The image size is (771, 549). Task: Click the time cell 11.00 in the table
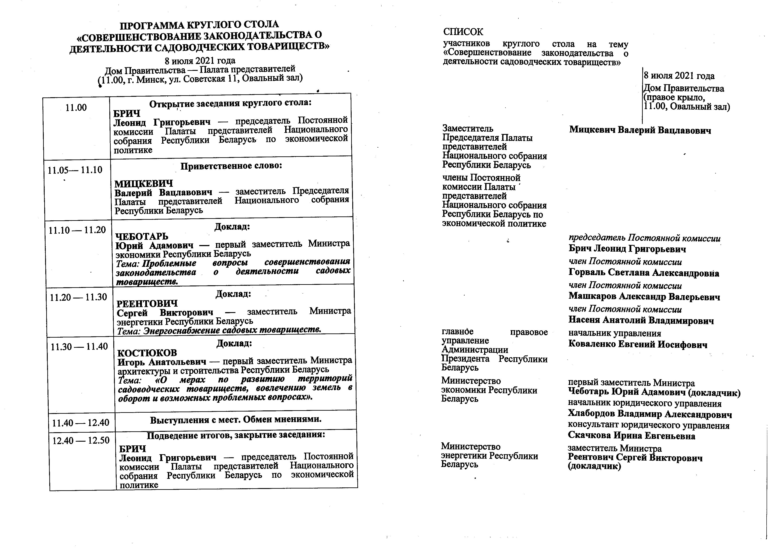pyautogui.click(x=76, y=108)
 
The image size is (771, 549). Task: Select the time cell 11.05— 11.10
pyautogui.click(x=75, y=170)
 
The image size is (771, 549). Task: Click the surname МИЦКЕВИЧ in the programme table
pyautogui.click(x=144, y=184)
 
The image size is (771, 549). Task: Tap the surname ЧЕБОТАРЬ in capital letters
pyautogui.click(x=142, y=236)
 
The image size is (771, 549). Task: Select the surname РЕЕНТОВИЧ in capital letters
pyautogui.click(x=147, y=304)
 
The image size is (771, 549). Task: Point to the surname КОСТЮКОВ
pyautogui.click(x=147, y=353)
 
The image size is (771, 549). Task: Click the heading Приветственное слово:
pyautogui.click(x=231, y=166)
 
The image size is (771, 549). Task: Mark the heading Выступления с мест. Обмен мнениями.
pyautogui.click(x=236, y=420)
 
